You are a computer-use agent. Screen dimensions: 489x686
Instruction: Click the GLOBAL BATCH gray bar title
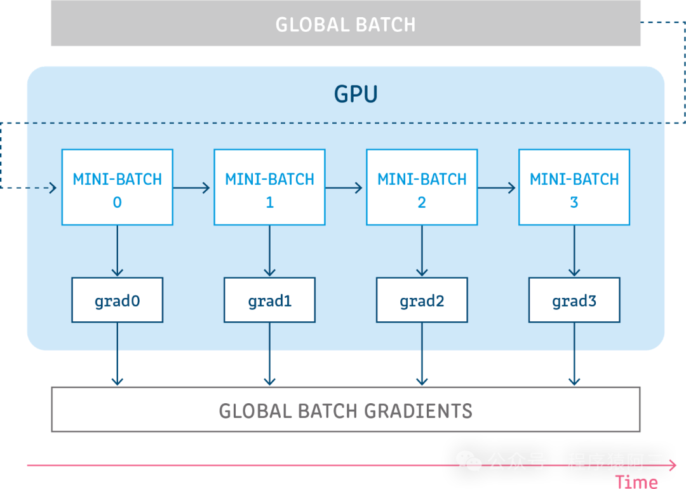point(346,25)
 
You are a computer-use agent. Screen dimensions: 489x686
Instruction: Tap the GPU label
point(356,94)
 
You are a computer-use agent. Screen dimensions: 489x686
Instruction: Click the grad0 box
point(117,300)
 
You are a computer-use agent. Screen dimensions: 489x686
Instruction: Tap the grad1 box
point(269,300)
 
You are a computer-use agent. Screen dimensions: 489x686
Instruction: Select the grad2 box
point(422,300)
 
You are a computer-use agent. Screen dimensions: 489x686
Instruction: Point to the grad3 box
point(574,300)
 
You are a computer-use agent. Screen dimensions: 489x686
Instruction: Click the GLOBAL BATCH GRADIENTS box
point(346,410)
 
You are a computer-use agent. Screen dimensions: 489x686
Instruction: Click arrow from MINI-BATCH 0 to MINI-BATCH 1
point(192,187)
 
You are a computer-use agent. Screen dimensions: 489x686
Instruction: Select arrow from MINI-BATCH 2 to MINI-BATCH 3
point(497,187)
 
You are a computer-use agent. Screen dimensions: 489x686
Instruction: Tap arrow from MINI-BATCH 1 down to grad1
point(269,251)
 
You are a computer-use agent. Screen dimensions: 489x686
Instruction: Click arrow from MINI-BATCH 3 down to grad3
point(574,251)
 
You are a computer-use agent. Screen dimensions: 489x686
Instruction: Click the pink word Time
point(636,481)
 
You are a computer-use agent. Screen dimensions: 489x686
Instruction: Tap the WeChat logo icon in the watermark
point(470,461)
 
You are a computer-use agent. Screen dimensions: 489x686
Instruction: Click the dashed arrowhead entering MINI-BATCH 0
point(52,187)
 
